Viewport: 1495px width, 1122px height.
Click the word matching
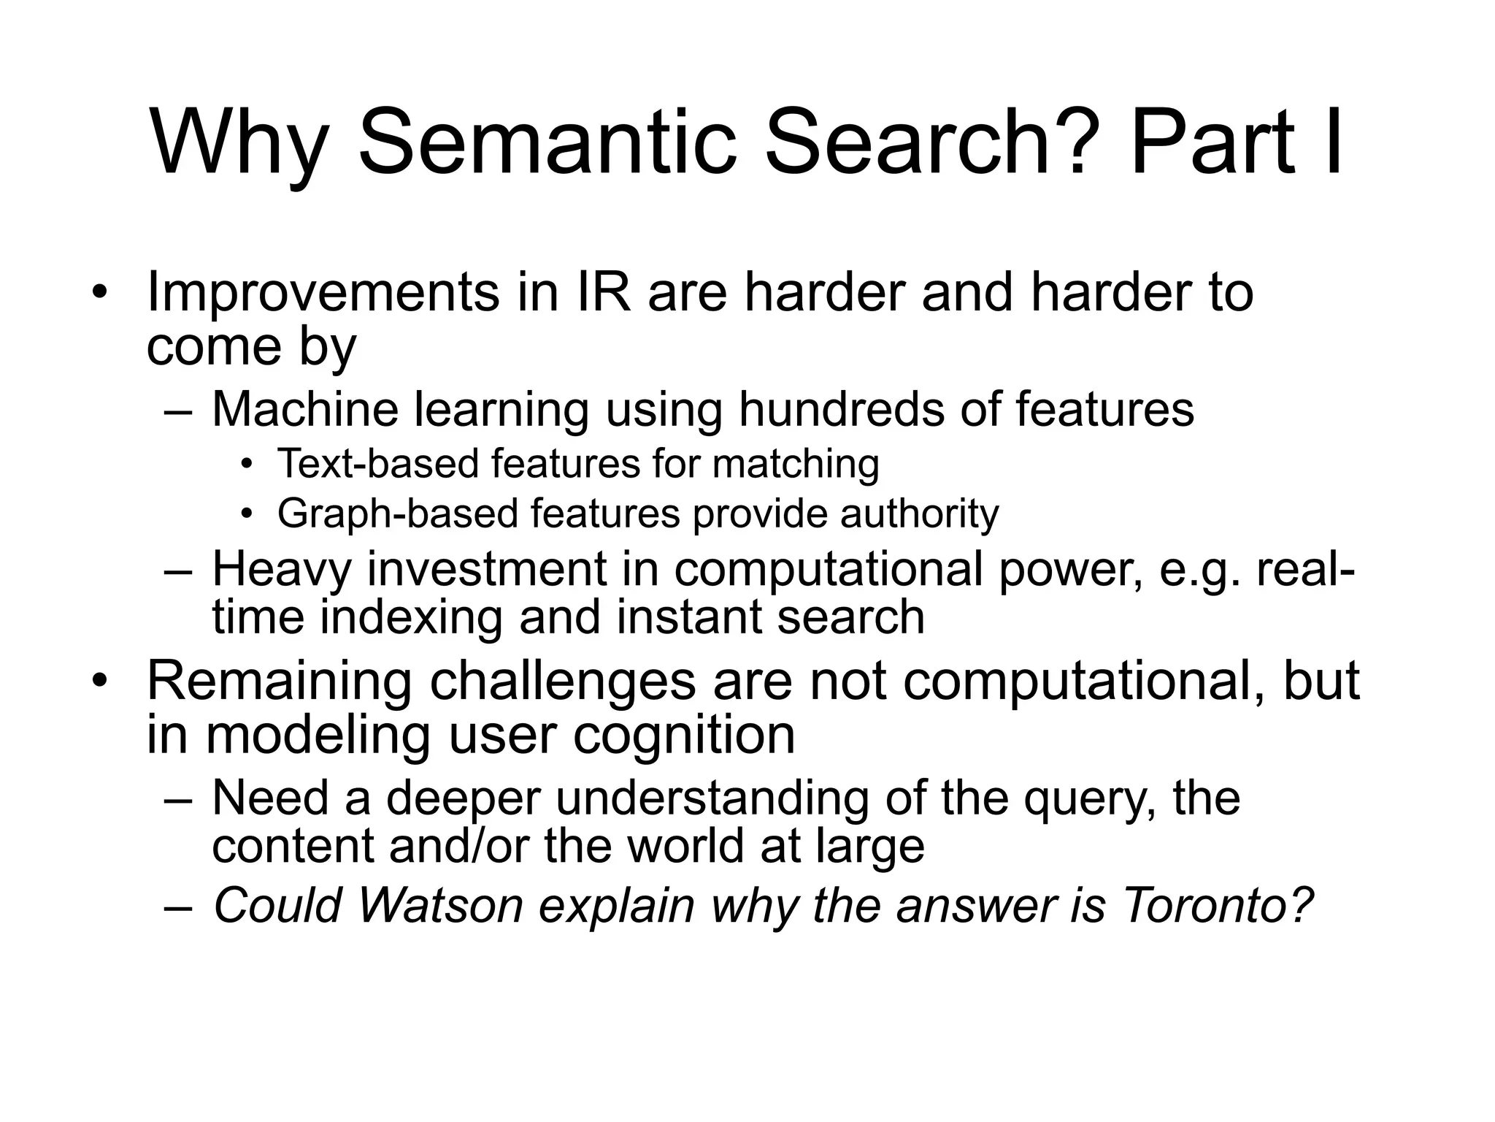tap(795, 465)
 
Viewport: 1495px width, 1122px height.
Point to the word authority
tap(919, 514)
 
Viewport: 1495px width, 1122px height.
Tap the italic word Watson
tap(441, 906)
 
